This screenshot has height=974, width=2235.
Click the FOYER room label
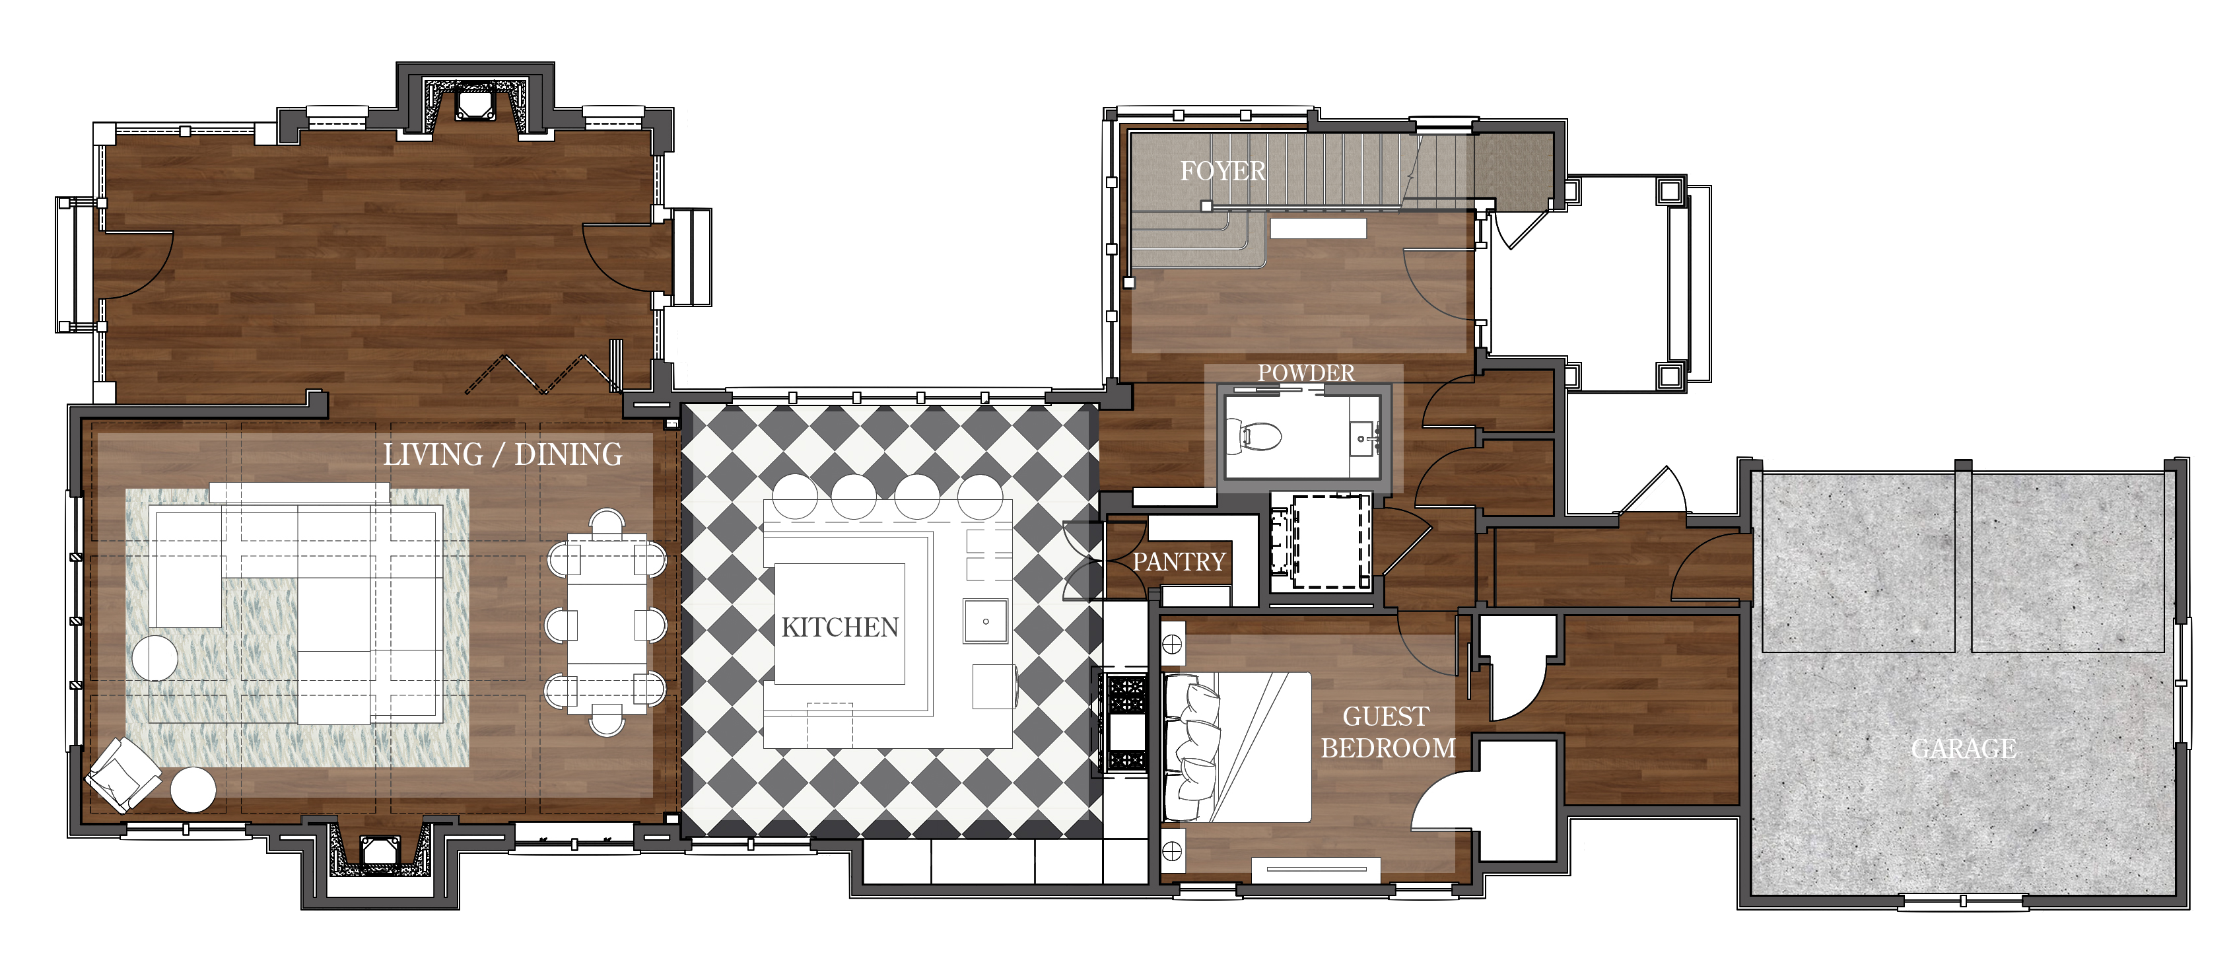(1223, 171)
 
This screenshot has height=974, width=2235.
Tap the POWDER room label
(1306, 372)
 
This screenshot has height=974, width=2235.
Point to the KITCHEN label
(840, 627)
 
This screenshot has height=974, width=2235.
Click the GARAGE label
(1964, 748)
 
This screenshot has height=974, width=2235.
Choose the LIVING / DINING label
(502, 454)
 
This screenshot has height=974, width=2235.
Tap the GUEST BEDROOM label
(1387, 732)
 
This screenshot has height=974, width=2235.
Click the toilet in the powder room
(1252, 436)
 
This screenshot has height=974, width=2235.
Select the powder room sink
(1364, 438)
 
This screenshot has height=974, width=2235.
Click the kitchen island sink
(986, 621)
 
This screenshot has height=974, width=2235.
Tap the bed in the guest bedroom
(1237, 747)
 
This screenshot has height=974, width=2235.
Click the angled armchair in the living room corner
(122, 775)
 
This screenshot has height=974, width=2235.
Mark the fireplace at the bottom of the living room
(379, 849)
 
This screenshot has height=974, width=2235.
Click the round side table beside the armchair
(193, 790)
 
